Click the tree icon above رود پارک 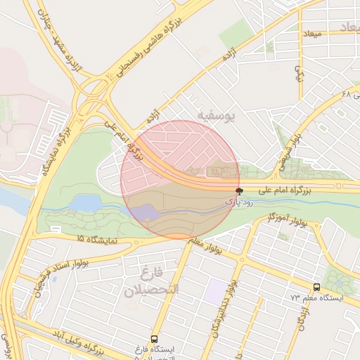coord(239,191)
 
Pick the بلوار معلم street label coord(205,243)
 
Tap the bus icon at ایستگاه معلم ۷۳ coord(317,287)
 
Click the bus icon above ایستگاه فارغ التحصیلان coord(155,338)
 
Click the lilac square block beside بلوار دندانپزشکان coord(215,288)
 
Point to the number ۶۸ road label coord(345,94)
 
